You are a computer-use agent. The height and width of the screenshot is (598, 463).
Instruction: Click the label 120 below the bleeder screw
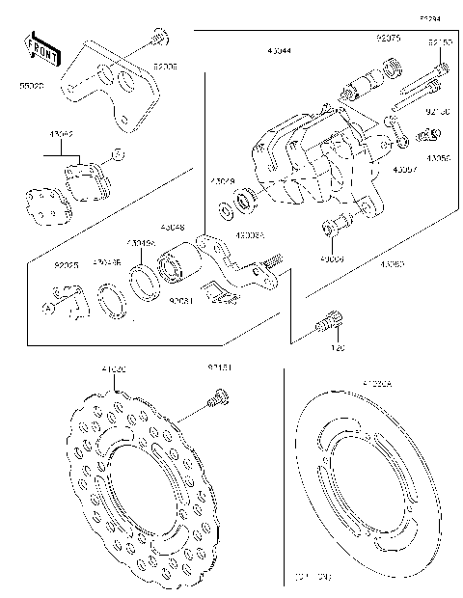point(339,347)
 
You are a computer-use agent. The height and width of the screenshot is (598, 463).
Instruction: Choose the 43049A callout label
point(142,244)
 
